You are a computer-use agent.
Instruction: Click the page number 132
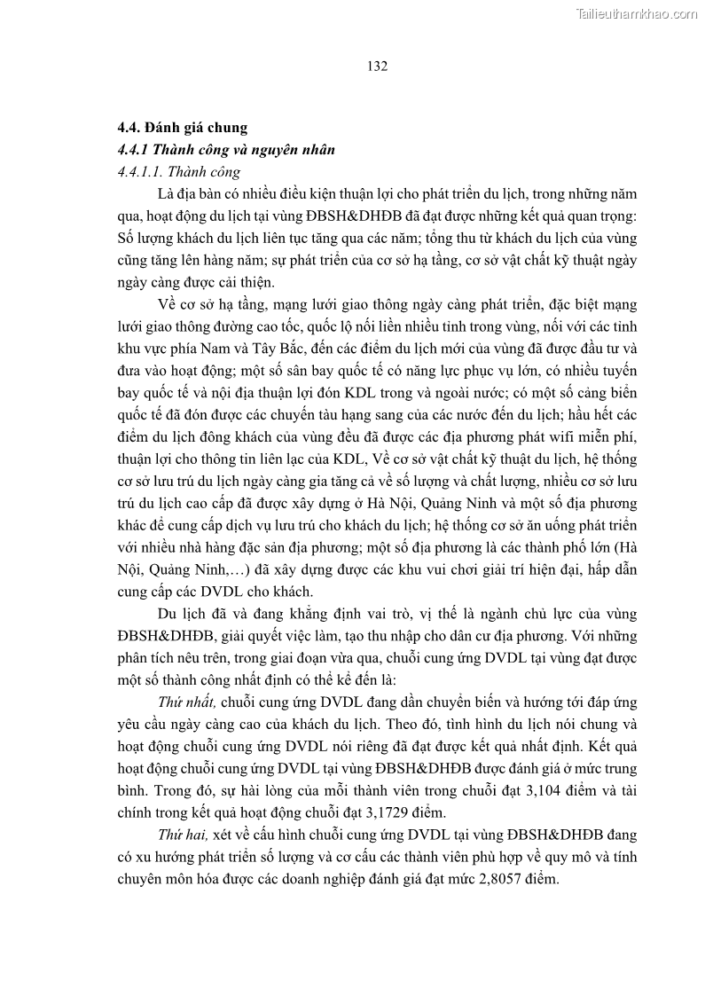pos(377,65)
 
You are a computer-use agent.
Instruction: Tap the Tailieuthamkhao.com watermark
pos(637,13)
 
